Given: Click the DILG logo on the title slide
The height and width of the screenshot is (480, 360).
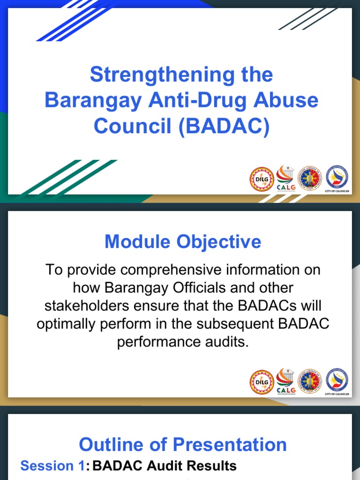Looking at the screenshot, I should coord(261,179).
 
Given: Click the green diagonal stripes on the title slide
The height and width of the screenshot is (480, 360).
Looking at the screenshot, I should coord(70,178).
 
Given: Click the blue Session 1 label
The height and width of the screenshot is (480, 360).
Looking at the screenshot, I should coord(52,466).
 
